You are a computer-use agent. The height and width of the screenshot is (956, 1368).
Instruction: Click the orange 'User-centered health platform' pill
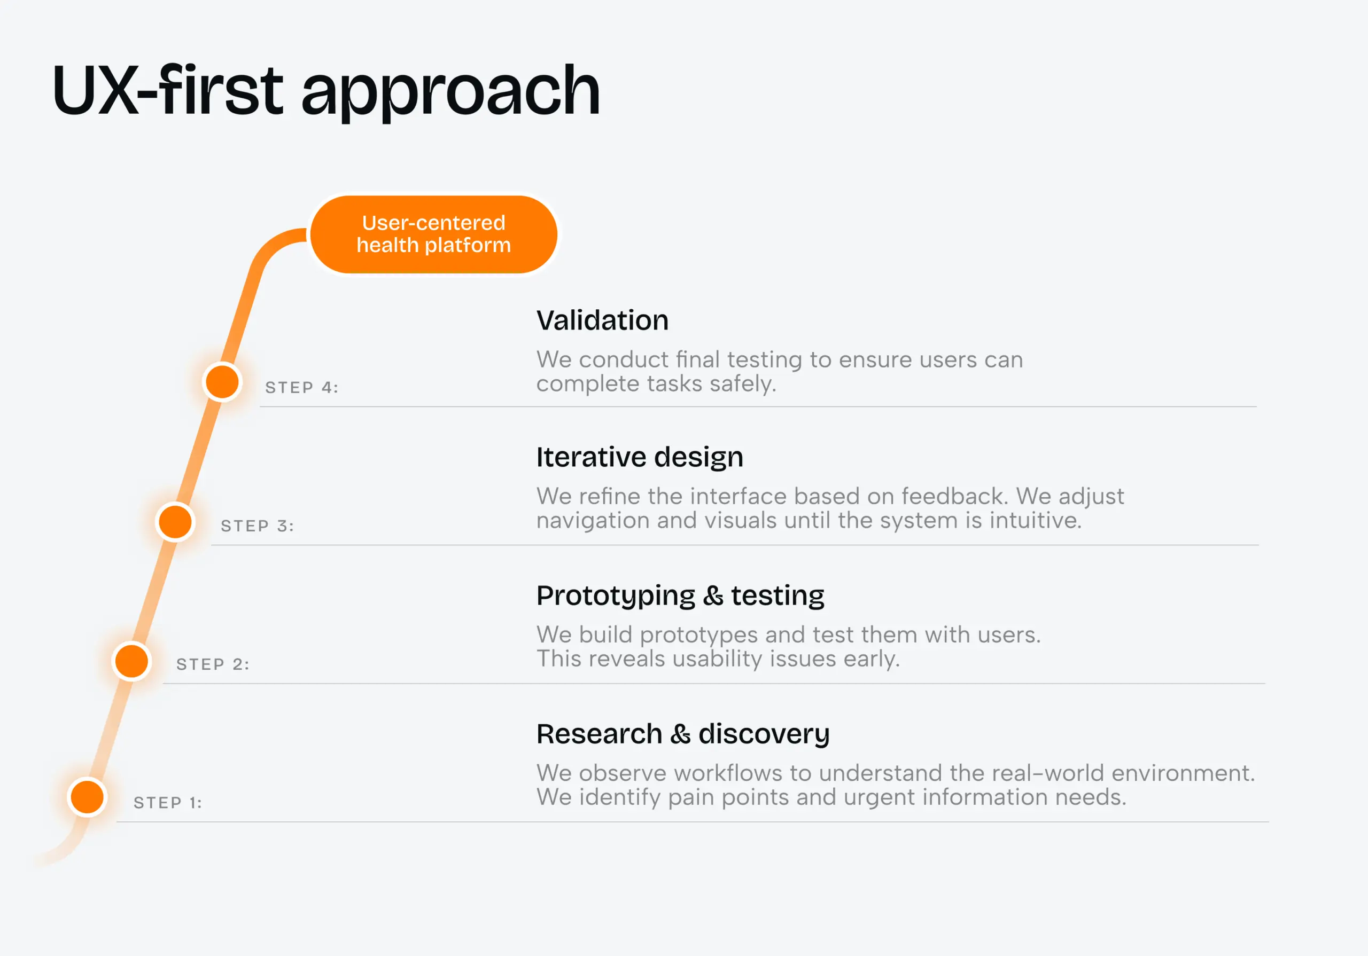point(433,234)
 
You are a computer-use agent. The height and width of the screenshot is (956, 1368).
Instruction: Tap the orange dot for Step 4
point(222,382)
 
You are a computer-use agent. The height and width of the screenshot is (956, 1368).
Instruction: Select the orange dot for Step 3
point(175,522)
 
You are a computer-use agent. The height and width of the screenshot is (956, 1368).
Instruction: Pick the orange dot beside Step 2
point(131,661)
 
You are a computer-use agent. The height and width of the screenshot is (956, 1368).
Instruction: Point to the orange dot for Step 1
point(88,797)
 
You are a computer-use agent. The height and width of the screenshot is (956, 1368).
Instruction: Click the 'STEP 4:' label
point(301,388)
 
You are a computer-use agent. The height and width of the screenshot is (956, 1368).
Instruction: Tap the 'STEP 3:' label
point(258,526)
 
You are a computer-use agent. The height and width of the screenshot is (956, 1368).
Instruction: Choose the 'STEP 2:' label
point(213,664)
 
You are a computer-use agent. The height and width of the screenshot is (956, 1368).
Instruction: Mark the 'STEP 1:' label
point(168,803)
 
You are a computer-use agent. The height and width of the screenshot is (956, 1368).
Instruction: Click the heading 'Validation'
point(602,320)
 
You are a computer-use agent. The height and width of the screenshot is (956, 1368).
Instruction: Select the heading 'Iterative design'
point(639,458)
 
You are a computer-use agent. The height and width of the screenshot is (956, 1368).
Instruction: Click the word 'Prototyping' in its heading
point(616,595)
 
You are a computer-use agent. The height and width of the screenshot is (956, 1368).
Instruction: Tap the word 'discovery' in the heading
point(764,734)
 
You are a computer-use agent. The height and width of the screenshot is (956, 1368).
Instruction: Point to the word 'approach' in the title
point(450,92)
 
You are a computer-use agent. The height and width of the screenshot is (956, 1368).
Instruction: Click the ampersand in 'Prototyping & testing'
point(713,595)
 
